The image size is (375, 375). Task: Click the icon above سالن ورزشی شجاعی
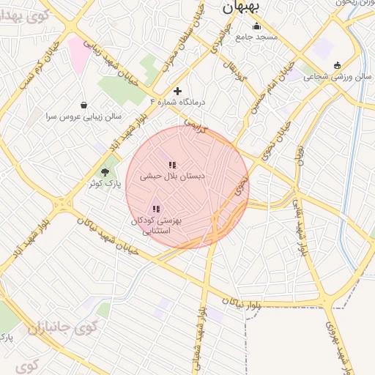click(x=336, y=64)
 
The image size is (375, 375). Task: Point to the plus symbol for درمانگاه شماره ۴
click(x=177, y=91)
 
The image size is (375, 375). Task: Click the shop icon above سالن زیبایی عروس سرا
click(x=84, y=105)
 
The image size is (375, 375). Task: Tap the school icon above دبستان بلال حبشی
click(x=171, y=166)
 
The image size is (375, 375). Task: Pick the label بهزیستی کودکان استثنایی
click(x=156, y=225)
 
